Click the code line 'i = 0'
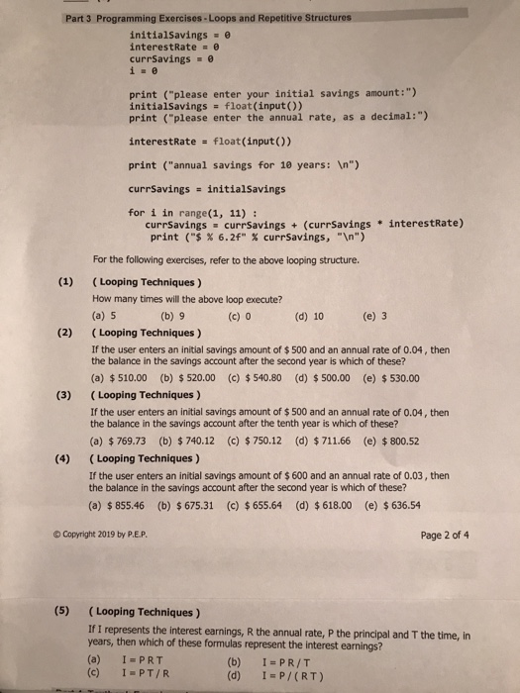click(x=143, y=70)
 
